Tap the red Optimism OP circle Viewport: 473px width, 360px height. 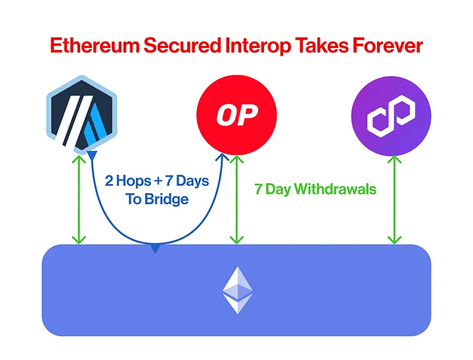click(x=236, y=114)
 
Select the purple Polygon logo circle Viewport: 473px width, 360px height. click(x=392, y=115)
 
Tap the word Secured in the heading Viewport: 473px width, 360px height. click(x=187, y=46)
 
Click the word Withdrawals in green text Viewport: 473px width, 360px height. click(x=335, y=189)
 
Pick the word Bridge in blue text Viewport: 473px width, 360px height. click(x=166, y=199)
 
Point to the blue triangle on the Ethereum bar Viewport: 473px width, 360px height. click(x=155, y=248)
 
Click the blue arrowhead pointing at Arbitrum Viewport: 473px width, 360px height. click(x=93, y=155)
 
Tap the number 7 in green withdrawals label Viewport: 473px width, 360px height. click(x=258, y=189)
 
